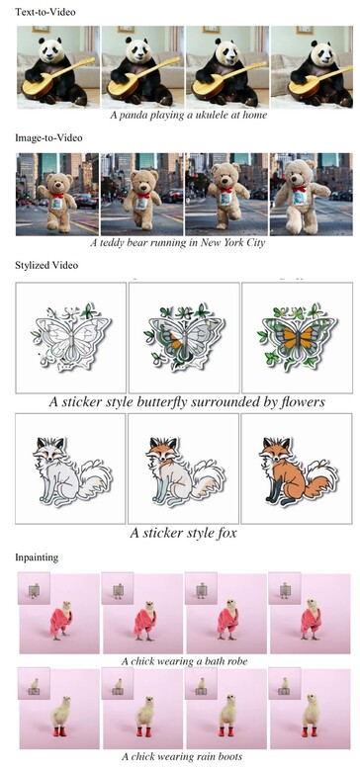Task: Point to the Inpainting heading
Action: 37,557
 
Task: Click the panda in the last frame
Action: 309,69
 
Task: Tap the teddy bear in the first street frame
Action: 55,195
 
